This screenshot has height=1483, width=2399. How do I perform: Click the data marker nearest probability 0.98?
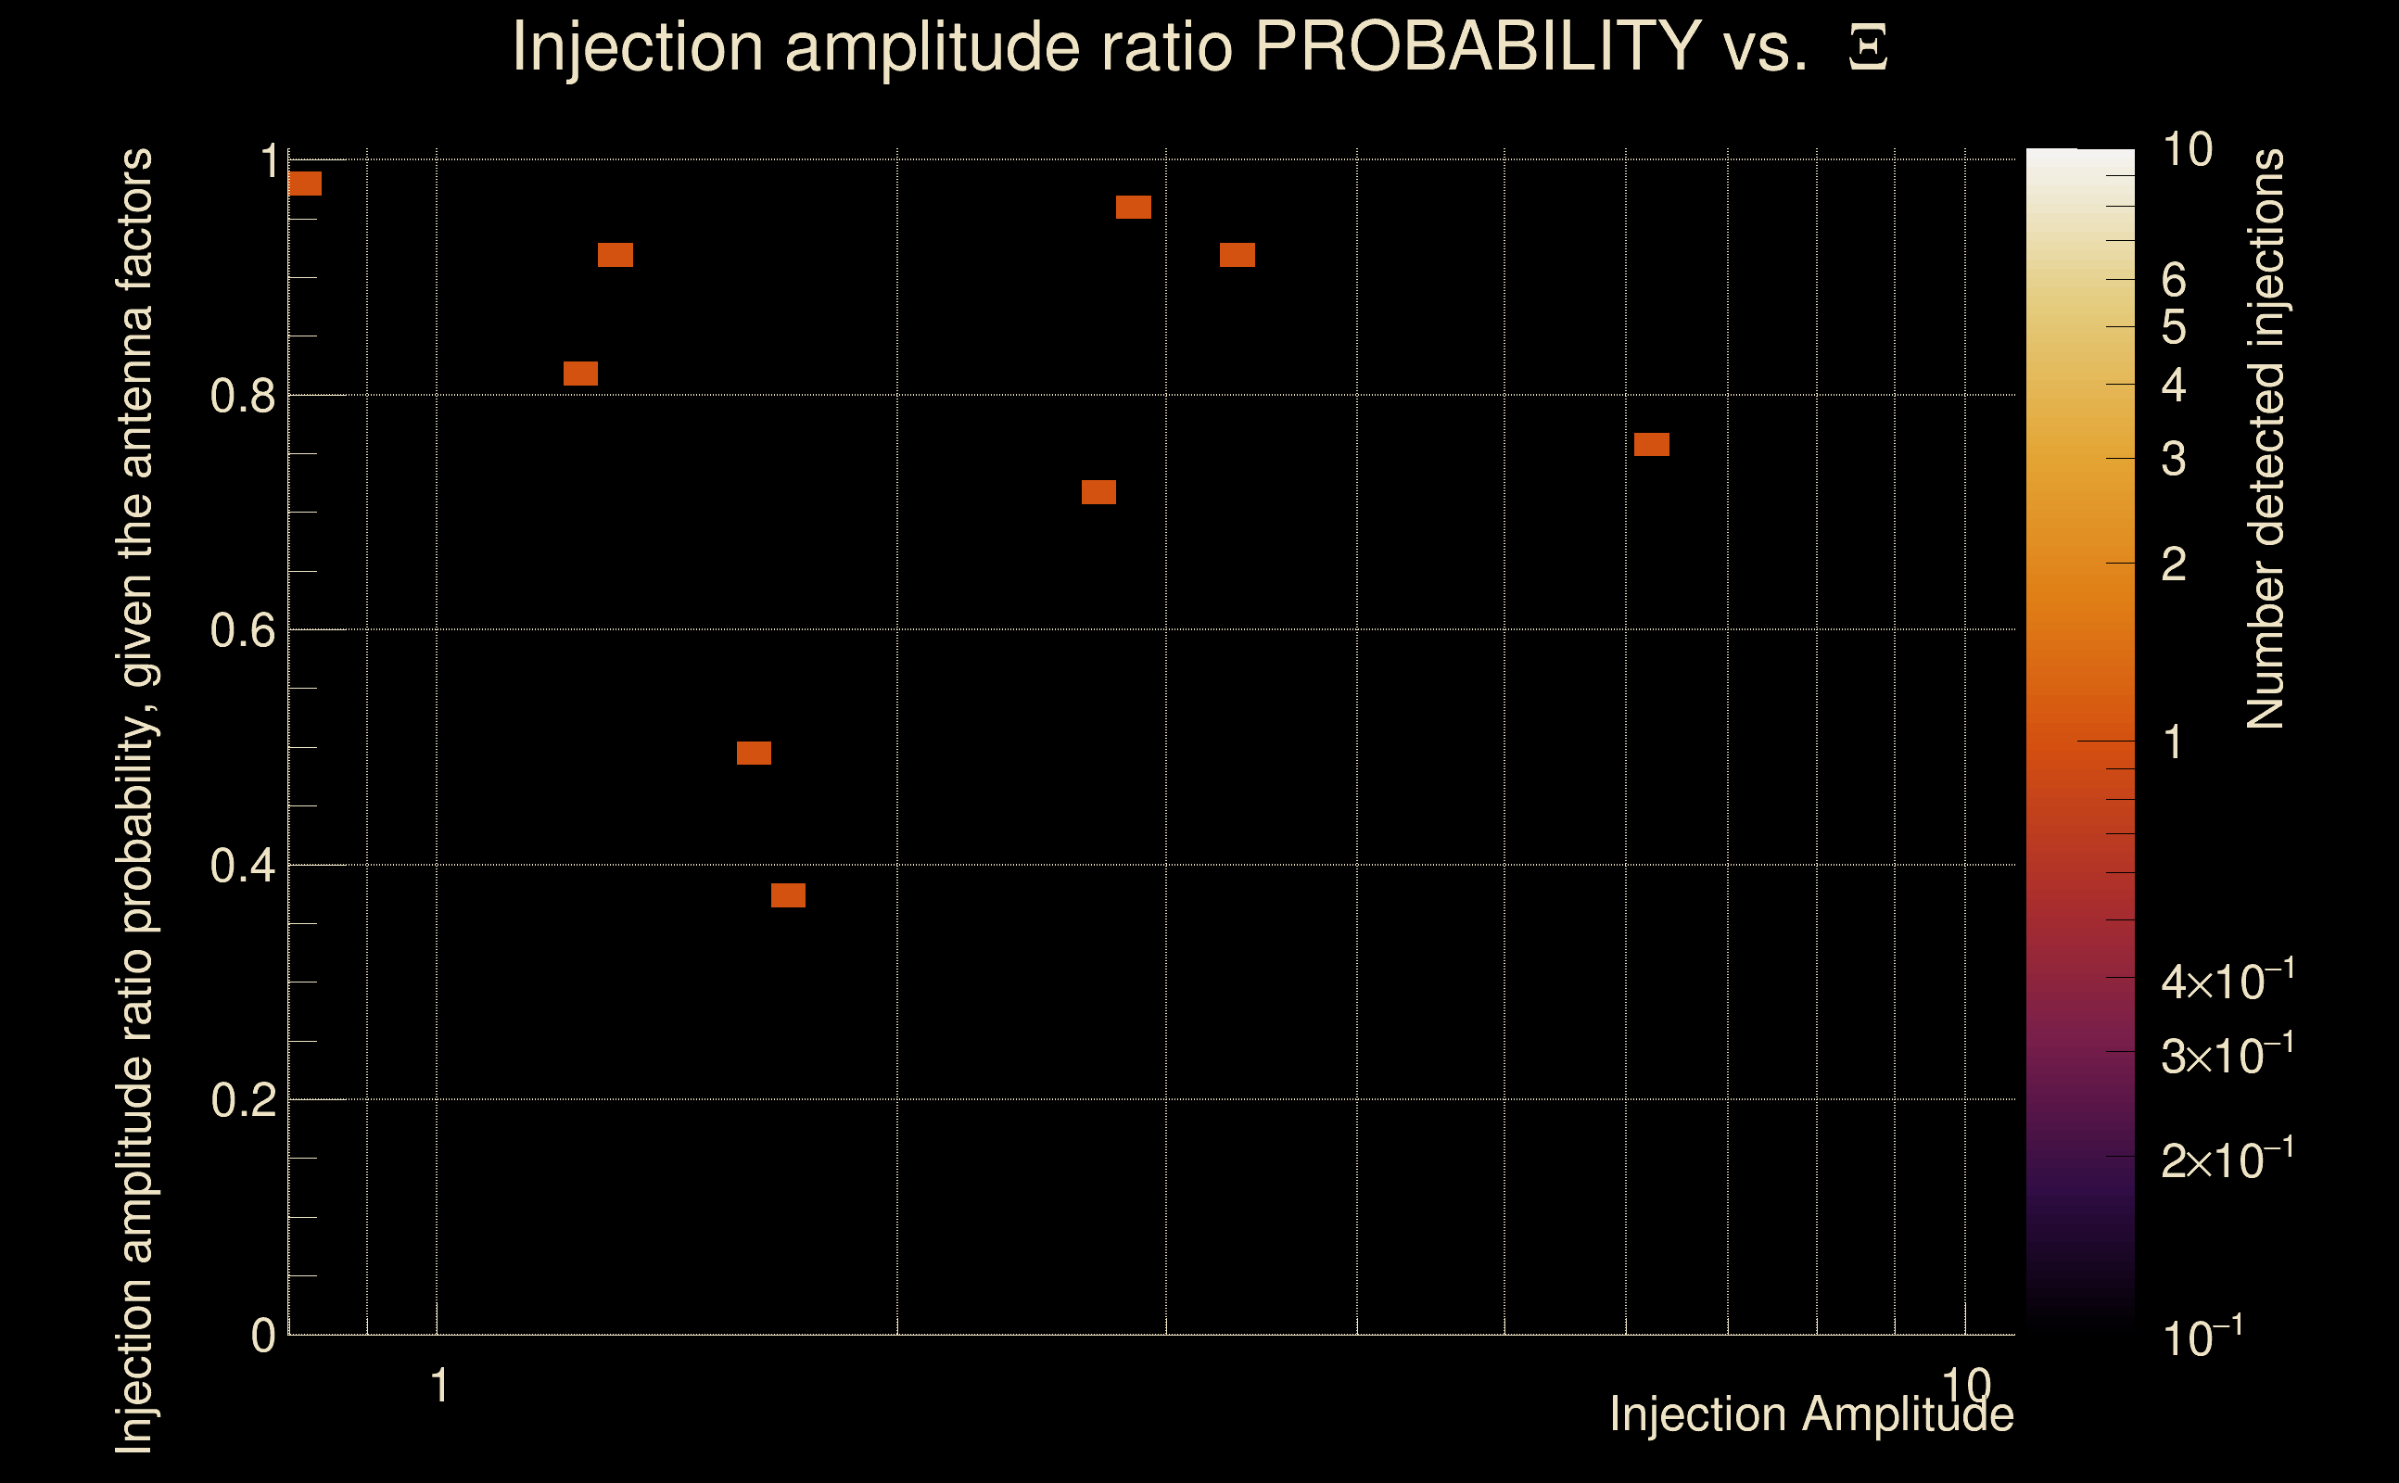305,184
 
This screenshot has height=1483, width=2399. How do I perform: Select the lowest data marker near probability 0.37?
788,894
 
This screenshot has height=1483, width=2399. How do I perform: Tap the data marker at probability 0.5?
754,753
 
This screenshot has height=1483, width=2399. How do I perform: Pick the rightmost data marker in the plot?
1652,444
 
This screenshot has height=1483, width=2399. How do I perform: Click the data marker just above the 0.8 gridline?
580,374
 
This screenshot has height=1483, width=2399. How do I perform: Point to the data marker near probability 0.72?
1098,491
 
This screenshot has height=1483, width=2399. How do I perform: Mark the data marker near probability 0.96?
1133,207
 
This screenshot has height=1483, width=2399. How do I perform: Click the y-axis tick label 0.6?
242,629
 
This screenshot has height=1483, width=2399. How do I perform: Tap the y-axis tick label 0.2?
242,1099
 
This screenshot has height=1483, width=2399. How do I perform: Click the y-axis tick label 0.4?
242,865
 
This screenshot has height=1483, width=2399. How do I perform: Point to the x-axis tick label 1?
439,1386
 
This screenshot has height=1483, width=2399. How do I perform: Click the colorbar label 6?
2174,281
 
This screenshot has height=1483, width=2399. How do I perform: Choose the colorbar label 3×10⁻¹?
2227,1056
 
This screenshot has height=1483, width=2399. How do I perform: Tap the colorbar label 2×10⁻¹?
2227,1160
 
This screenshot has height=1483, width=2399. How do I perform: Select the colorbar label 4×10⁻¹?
2227,981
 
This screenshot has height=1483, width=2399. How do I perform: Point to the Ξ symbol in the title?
1868,48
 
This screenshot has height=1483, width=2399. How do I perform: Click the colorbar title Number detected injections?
2266,438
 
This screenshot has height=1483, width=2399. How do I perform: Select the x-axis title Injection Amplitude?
1811,1414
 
